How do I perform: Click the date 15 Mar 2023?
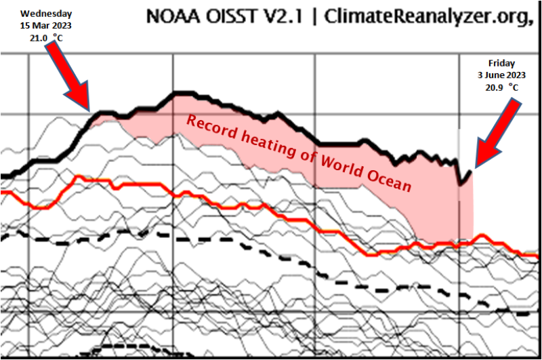point(45,25)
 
